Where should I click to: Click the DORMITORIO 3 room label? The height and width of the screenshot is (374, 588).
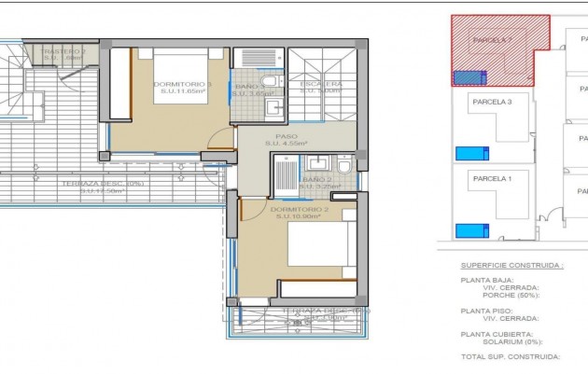(183, 84)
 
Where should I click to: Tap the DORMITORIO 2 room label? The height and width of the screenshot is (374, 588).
(301, 210)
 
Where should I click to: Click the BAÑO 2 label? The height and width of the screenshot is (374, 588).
(317, 179)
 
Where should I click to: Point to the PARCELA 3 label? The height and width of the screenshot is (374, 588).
(492, 101)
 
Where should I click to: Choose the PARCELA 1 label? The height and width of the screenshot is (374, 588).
(492, 178)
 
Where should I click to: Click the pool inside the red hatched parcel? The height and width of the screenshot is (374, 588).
(469, 78)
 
